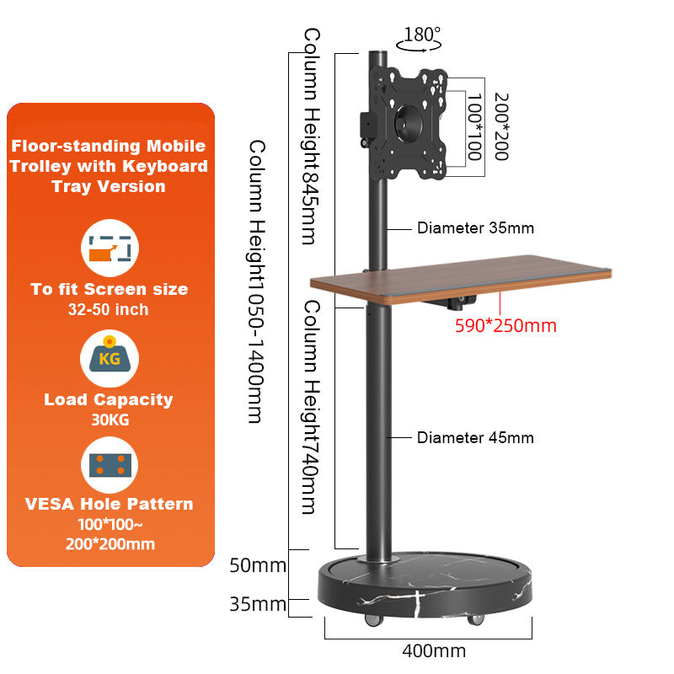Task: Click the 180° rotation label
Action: tap(422, 35)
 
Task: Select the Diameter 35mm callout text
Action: tap(475, 228)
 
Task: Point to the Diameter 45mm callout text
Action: tap(475, 438)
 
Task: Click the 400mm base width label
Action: tap(434, 651)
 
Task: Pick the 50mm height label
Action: tap(257, 564)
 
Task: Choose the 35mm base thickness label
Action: tap(257, 604)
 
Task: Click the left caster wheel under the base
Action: tap(372, 621)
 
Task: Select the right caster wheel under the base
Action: tap(478, 621)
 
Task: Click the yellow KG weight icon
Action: tap(110, 358)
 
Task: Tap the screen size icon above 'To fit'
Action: tap(110, 249)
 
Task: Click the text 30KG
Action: tap(109, 420)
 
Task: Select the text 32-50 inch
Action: tap(109, 309)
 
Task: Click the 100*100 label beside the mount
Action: tap(471, 126)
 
